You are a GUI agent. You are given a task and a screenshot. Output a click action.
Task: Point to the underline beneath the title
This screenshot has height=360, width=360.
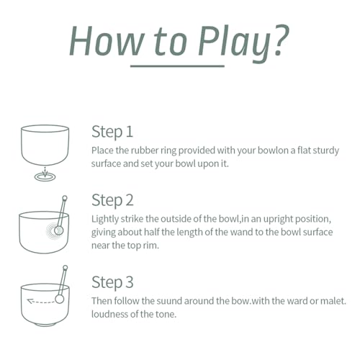tap(177, 66)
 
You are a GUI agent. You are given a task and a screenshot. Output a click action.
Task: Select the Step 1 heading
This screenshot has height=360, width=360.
tap(112, 132)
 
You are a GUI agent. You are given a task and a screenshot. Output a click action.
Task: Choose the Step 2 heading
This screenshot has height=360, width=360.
tap(112, 200)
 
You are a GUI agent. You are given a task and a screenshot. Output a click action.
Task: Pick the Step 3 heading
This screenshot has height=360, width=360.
tap(112, 282)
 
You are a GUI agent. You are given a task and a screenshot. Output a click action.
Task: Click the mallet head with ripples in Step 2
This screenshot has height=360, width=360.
tap(58, 230)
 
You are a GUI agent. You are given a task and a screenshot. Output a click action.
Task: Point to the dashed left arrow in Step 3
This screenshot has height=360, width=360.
tap(40, 301)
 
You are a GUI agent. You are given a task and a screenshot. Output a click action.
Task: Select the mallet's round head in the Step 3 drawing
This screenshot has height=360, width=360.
tap(60, 299)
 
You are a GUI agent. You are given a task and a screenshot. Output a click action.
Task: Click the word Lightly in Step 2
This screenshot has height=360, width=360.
tap(105, 220)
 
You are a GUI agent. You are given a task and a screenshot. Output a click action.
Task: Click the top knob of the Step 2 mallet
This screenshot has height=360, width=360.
tap(65, 198)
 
